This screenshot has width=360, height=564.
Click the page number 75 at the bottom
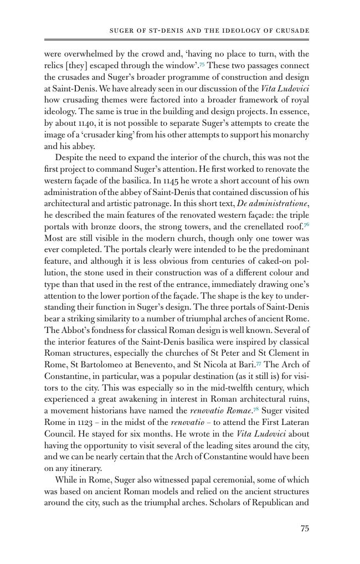304,529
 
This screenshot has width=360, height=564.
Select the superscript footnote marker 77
259,363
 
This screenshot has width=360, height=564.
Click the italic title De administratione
272,204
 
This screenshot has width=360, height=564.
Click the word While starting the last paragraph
66,480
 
